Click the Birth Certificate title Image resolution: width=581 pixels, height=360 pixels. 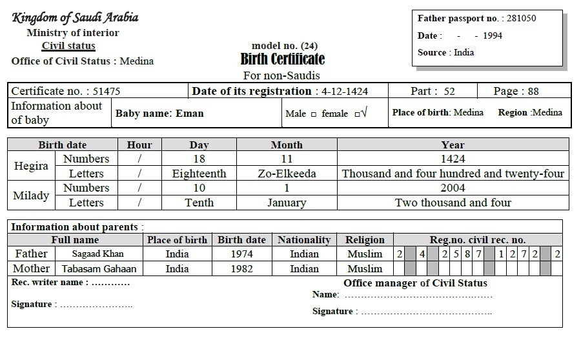pos(283,59)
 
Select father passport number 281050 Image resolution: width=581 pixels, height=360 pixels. pos(521,19)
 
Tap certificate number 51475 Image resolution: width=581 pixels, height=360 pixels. pos(107,92)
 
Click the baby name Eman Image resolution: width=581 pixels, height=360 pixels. pos(190,114)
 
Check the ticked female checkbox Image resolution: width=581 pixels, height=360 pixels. pos(357,114)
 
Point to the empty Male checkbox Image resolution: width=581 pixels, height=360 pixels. pos(314,114)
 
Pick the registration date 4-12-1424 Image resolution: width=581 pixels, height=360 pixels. pos(345,92)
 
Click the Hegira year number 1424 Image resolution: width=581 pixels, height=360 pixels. pos(453,159)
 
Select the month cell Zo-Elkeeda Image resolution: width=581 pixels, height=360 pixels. pos(287,174)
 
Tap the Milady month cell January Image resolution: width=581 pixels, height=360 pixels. pos(287,203)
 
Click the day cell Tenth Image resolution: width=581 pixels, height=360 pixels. pos(199,203)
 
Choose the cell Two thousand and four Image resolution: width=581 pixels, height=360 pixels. pos(453,203)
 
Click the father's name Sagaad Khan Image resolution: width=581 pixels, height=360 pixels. pos(97,254)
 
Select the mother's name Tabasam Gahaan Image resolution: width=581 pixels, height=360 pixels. pos(99,269)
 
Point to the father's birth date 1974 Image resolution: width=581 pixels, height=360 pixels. pos(242,254)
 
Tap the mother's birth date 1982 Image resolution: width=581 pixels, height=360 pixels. pos(242,269)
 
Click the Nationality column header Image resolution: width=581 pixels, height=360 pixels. pos(304,240)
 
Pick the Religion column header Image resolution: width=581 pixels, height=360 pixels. pos(365,240)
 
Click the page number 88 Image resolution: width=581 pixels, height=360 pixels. pos(533,92)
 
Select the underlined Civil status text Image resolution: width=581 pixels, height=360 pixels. pos(68,46)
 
